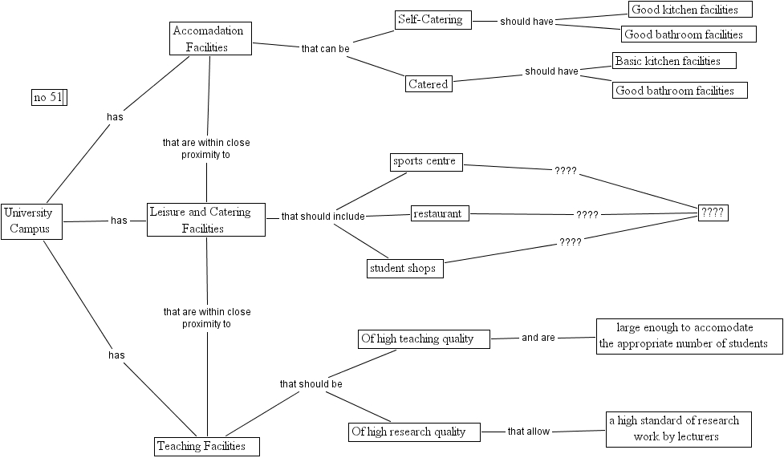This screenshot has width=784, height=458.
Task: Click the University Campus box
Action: (31, 221)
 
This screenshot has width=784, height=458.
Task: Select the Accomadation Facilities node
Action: (210, 39)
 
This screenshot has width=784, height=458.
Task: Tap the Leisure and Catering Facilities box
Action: (206, 220)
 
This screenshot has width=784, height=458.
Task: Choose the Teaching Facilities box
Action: (207, 446)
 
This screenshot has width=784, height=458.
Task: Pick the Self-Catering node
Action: (433, 20)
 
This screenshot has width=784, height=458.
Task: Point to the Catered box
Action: (429, 83)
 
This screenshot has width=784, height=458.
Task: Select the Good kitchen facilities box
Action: (690, 10)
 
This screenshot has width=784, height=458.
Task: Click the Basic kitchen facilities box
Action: (674, 61)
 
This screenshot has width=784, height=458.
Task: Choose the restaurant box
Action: (440, 213)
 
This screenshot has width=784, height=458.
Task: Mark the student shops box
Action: (404, 269)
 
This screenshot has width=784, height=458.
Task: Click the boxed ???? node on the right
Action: (713, 213)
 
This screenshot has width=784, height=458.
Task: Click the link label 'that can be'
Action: (325, 48)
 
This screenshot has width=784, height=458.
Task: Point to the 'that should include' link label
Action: (323, 217)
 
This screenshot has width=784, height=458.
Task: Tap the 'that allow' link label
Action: (529, 432)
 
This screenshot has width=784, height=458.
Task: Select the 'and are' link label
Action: (538, 338)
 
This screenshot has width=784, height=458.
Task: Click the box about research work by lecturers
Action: (678, 429)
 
